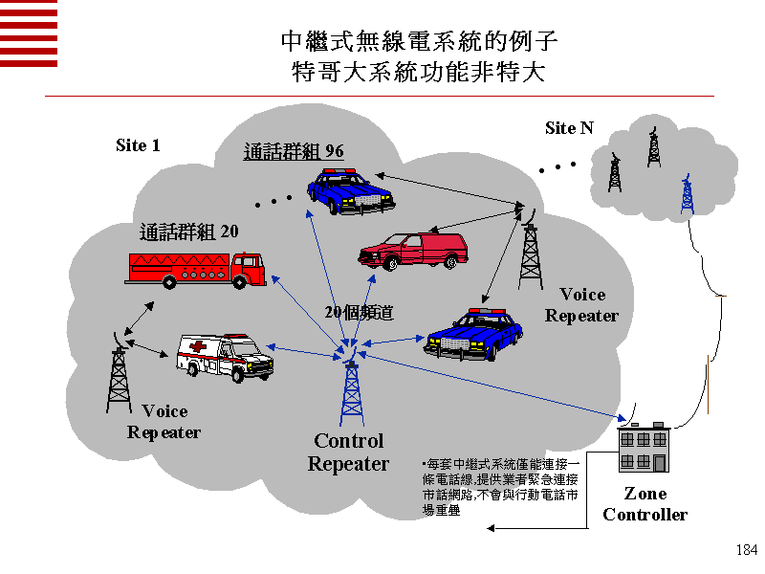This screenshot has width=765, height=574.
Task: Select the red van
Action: pos(413,250)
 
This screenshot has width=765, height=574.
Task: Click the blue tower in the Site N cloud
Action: pos(686,196)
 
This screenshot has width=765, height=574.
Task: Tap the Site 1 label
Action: pos(138,145)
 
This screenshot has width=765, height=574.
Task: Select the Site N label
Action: pos(569,128)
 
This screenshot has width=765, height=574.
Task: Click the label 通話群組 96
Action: pos(294,151)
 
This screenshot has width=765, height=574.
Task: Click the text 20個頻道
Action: pos(359,313)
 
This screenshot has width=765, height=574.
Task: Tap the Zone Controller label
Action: pos(645,504)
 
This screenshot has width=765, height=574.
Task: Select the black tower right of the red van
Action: pos(530,251)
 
